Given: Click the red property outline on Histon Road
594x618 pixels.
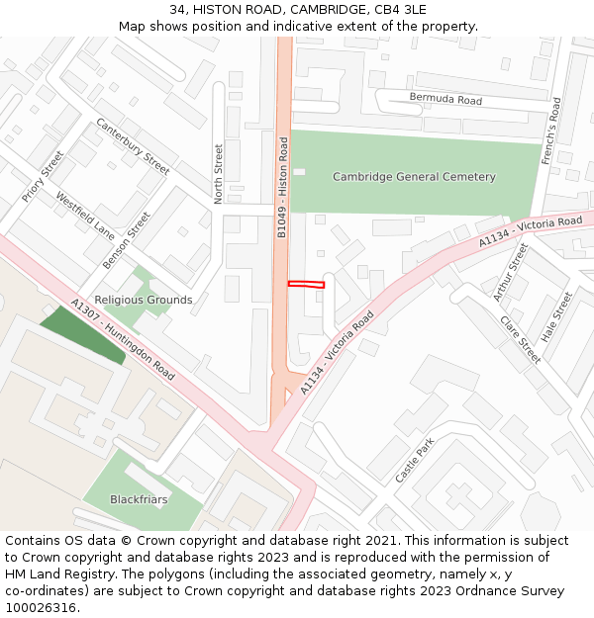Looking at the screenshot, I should coord(306,285).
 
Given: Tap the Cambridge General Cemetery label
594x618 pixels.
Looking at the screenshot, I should coord(414,177).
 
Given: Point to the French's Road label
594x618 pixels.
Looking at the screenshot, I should coord(550,131).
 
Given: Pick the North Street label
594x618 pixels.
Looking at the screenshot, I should coord(219,174).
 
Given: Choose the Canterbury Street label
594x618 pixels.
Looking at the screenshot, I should coord(133,146).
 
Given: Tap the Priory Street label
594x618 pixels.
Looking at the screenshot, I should coord(43,177).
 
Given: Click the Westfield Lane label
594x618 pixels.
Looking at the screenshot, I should coord(85,215).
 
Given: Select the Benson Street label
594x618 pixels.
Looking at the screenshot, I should coord(127,240).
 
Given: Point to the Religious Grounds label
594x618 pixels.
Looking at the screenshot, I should coord(144,300).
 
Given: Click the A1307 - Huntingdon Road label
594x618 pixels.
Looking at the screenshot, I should coord(124,340).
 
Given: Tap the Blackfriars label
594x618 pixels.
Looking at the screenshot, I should coord(139,499).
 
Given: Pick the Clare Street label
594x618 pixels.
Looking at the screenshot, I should coord(521,339).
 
